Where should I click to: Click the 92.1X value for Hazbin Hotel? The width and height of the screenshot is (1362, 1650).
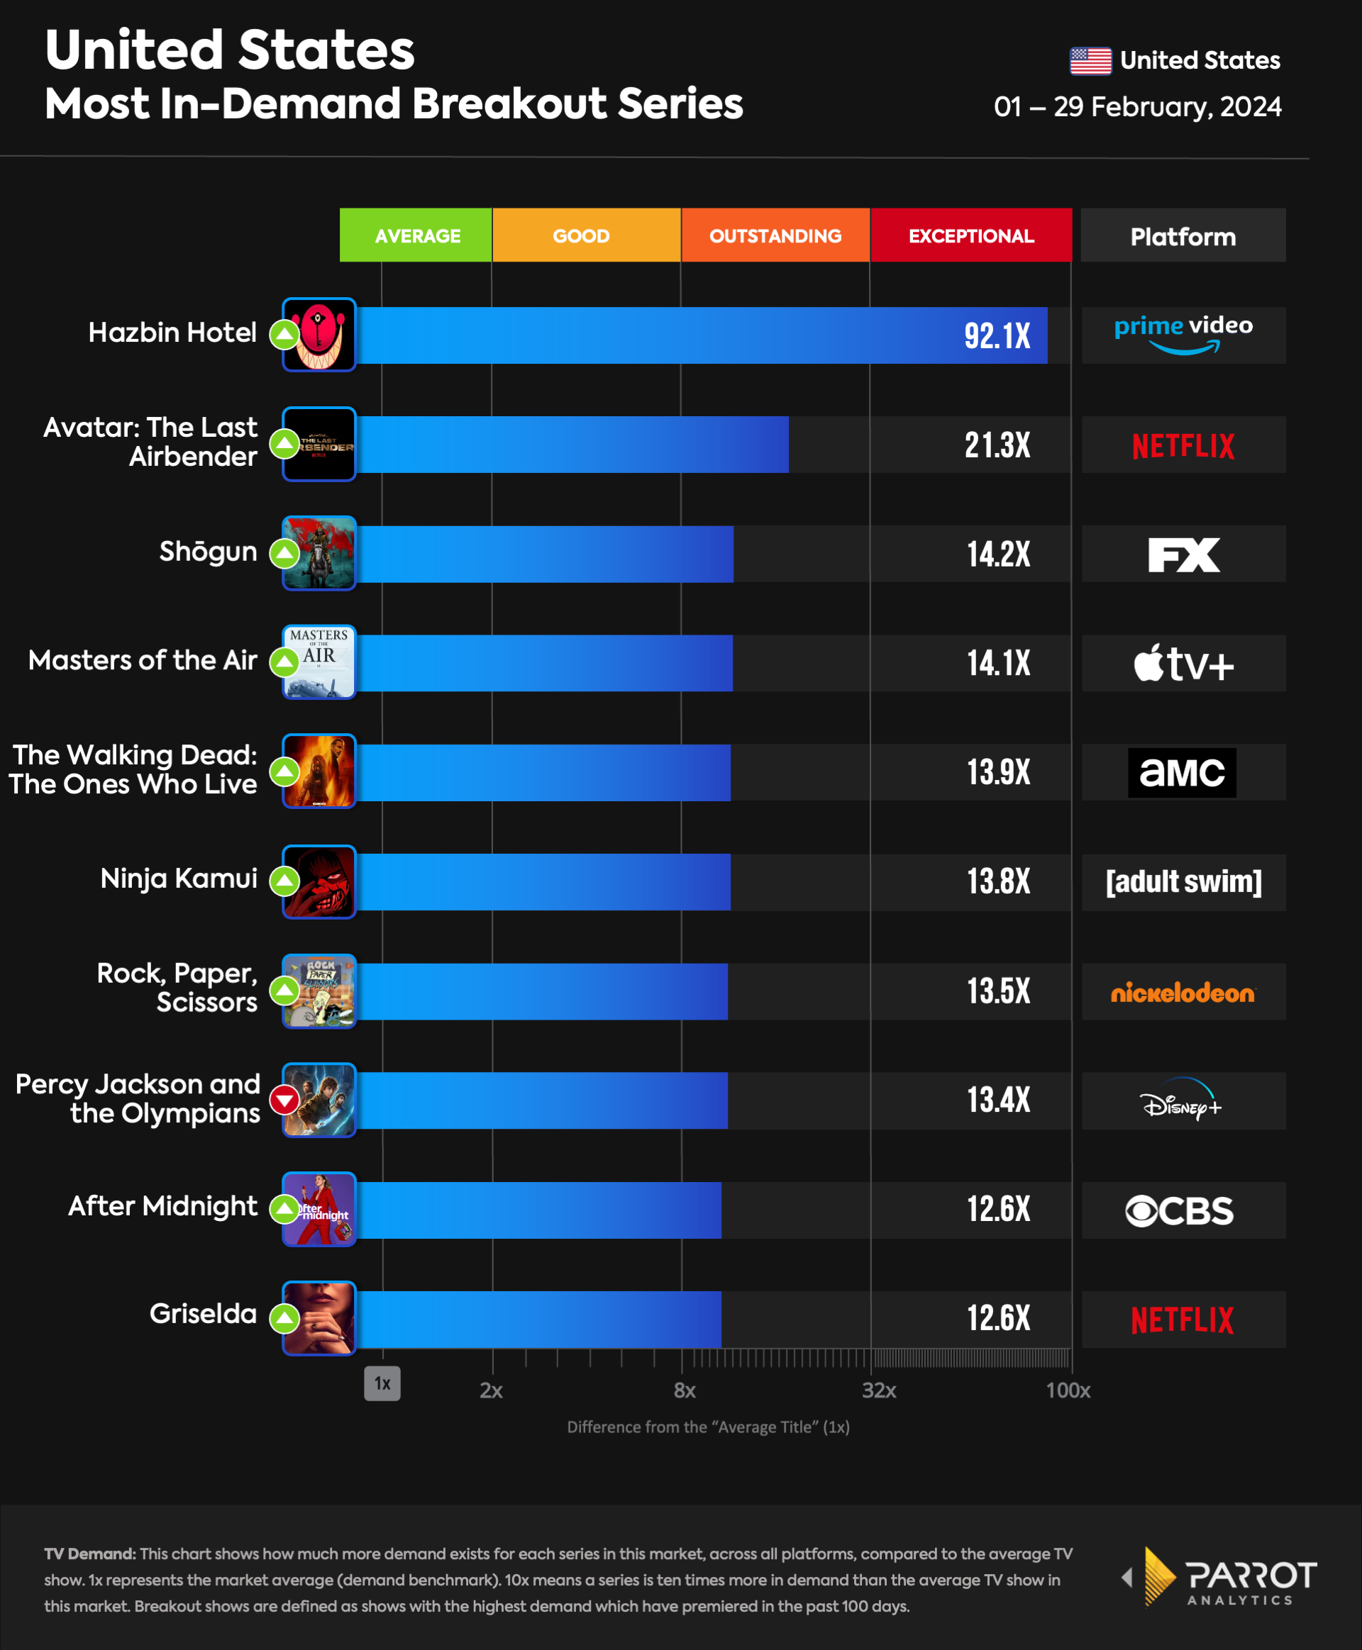(997, 336)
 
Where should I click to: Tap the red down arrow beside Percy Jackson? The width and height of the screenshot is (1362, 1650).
(284, 1100)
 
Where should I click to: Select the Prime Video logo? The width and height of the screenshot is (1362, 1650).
(1183, 335)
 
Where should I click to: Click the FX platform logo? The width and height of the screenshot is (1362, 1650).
(1183, 554)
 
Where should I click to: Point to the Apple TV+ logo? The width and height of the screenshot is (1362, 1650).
(1183, 664)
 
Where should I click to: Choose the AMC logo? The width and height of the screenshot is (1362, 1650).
(1182, 772)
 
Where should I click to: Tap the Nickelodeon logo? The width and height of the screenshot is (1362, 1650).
(1183, 993)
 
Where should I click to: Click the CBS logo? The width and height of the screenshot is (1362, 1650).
(1179, 1211)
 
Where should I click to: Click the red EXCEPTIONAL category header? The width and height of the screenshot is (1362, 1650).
(970, 235)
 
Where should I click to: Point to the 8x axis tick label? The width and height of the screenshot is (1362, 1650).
(684, 1390)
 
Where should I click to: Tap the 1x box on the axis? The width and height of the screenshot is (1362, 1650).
(382, 1383)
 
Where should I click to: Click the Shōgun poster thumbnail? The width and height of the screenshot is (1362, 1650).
(319, 553)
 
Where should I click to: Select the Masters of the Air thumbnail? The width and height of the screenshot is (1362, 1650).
(319, 662)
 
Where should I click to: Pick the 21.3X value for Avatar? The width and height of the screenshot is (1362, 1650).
(997, 445)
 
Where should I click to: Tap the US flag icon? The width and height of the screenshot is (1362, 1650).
(1090, 60)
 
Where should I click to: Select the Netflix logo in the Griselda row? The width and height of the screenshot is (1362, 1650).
(1183, 1320)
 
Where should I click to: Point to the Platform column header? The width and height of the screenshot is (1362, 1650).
(1183, 236)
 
